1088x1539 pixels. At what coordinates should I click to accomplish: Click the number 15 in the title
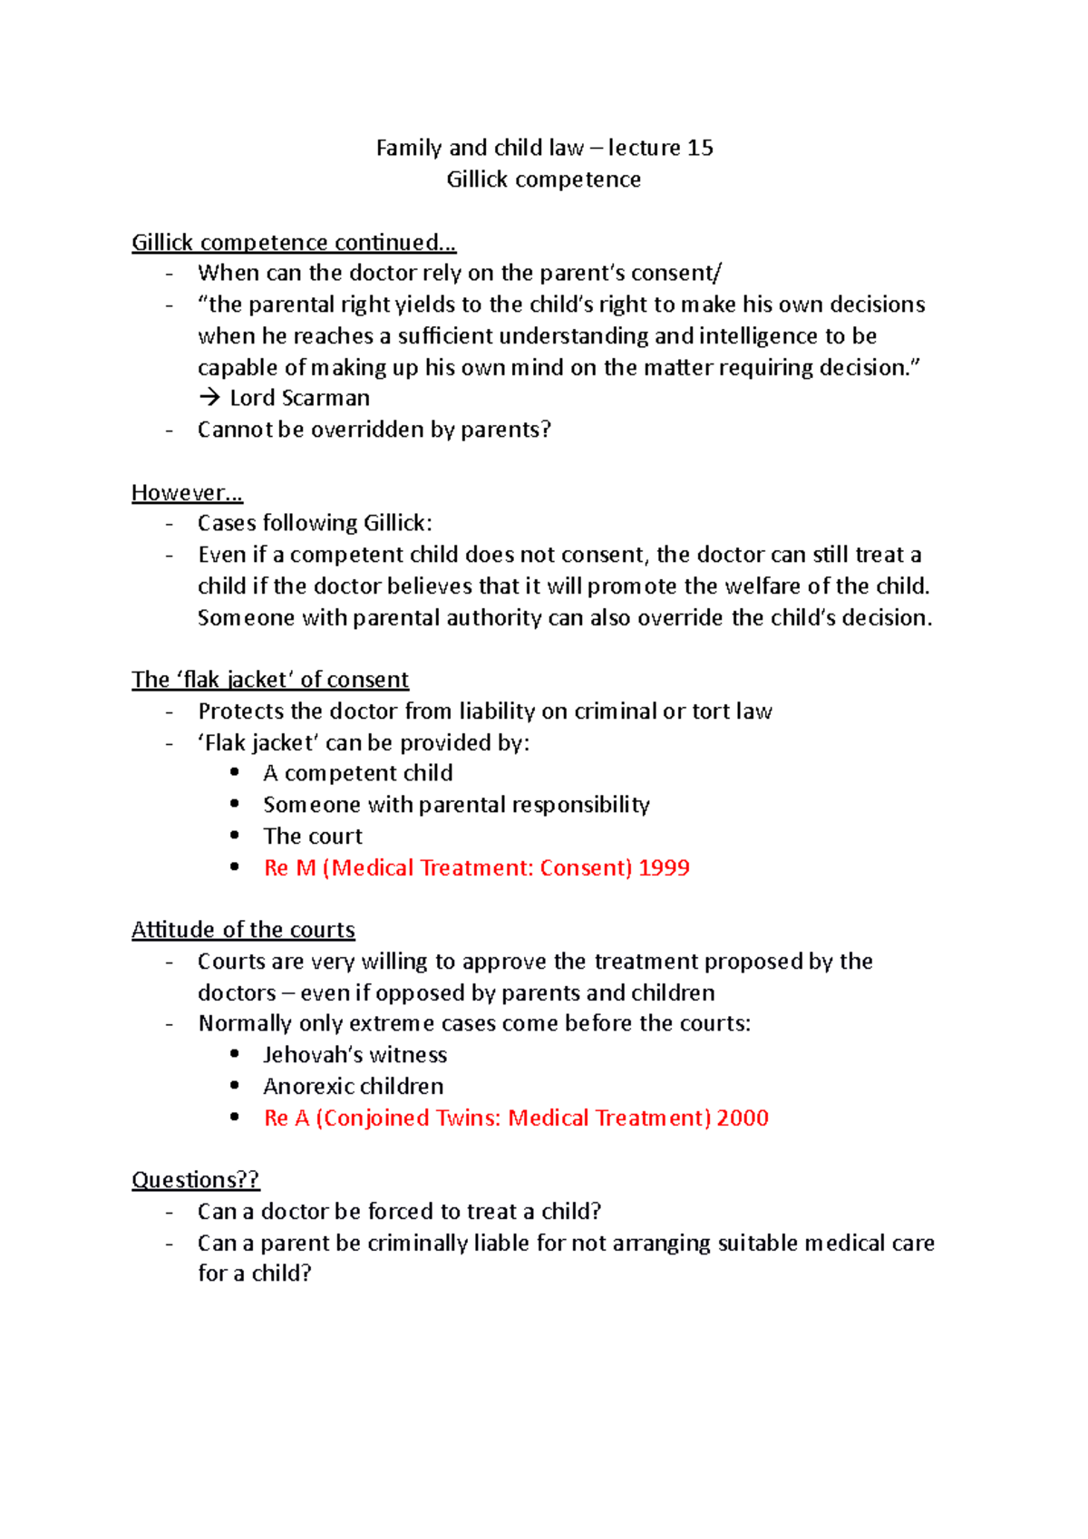pyautogui.click(x=700, y=148)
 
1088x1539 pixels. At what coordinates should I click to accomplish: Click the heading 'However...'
pyautogui.click(x=187, y=493)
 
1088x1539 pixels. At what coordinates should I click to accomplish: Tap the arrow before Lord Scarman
pyautogui.click(x=209, y=398)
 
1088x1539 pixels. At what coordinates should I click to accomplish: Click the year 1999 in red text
pyautogui.click(x=664, y=867)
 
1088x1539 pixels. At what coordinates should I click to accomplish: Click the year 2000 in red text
pyautogui.click(x=743, y=1118)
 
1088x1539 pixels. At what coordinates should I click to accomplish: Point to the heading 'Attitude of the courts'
pyautogui.click(x=243, y=930)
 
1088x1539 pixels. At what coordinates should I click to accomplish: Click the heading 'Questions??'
pyautogui.click(x=195, y=1180)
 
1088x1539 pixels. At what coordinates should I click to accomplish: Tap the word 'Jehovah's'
pyautogui.click(x=312, y=1055)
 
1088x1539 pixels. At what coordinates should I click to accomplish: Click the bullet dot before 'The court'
pyautogui.click(x=235, y=835)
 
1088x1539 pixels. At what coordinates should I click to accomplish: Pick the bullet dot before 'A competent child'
pyautogui.click(x=235, y=772)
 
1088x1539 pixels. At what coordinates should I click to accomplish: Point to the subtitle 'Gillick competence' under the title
pyautogui.click(x=543, y=179)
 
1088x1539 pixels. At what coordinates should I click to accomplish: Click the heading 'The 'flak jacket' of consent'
pyautogui.click(x=269, y=680)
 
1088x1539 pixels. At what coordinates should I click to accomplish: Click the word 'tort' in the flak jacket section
pyautogui.click(x=711, y=711)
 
